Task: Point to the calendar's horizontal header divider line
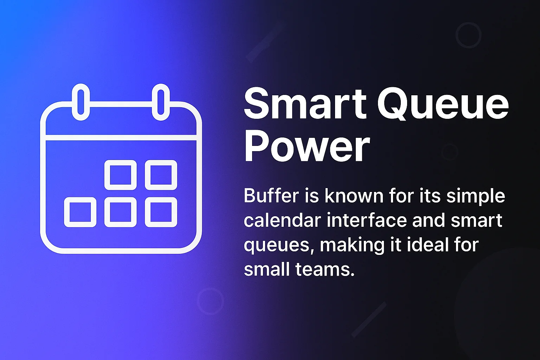[x=121, y=137]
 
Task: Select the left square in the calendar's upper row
[x=121, y=175]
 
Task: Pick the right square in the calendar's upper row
[x=161, y=175]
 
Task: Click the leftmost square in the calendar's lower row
[x=80, y=212]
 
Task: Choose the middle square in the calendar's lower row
[x=121, y=212]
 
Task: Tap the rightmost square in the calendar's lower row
[x=161, y=212]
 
